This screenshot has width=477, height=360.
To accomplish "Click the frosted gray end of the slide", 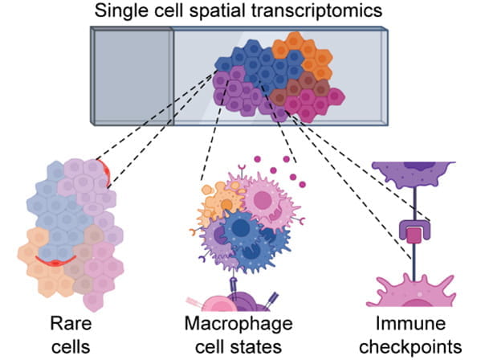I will tap(132, 76).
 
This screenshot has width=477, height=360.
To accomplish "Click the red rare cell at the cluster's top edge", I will tap(102, 168).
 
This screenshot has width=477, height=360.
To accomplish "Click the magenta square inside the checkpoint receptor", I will tap(413, 236).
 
